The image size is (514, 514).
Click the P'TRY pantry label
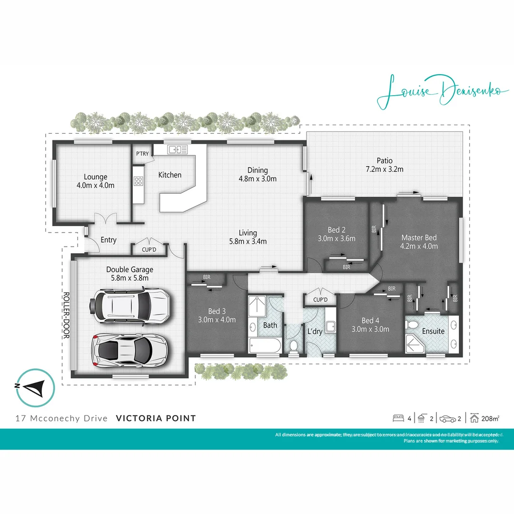pos(142,154)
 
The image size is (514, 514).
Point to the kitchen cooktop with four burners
pos(138,181)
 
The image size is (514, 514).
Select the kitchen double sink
pos(177,149)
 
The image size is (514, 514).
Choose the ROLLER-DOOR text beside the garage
pos(67,315)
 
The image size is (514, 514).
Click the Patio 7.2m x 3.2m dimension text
pos(384,169)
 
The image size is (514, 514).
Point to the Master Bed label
pos(419,237)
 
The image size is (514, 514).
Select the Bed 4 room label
pos(370,320)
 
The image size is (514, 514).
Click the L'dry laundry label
pos(315,331)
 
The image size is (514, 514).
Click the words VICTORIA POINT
pos(156,418)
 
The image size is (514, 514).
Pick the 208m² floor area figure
pos(490,419)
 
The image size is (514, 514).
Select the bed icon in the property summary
pos(398,419)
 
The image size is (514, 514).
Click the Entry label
pos(109,240)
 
